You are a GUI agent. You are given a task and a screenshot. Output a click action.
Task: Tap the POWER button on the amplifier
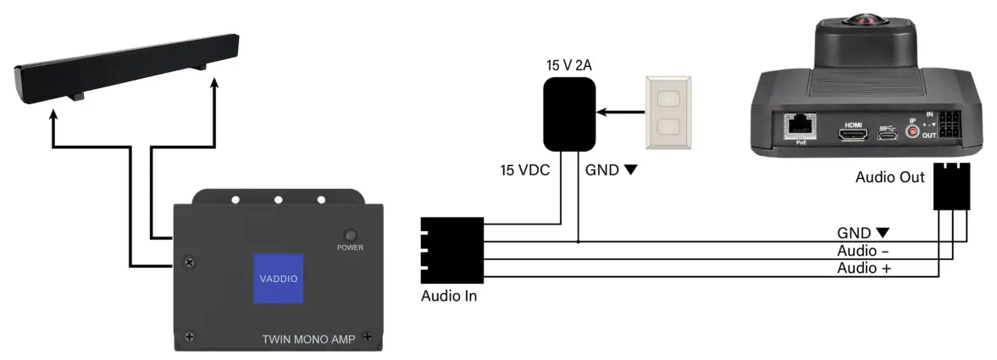(350, 235)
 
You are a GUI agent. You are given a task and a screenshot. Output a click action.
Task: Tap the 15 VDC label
(525, 170)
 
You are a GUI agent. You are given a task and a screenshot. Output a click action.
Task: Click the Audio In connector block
(451, 250)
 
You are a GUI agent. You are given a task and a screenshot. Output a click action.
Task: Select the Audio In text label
(449, 296)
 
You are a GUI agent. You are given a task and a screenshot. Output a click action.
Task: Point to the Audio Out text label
(890, 178)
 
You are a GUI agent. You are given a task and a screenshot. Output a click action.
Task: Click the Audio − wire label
(863, 251)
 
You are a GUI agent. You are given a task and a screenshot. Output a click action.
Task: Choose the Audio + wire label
(863, 268)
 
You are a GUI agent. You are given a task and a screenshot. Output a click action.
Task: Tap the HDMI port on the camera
(853, 133)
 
